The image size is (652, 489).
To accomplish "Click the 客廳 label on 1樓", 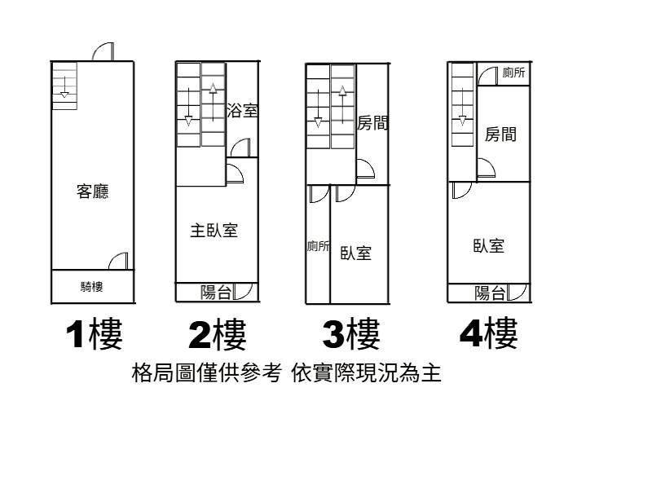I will (92, 192).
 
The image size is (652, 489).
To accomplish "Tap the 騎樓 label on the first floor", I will (91, 287).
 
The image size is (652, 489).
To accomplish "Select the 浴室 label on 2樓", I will (242, 110).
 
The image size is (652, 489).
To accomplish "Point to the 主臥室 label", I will (214, 231).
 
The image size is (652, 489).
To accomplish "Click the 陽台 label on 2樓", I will (216, 292).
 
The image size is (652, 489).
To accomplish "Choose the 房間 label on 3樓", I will (372, 123).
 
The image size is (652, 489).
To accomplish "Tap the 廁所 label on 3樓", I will (318, 246).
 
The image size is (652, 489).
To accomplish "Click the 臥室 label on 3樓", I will (356, 253).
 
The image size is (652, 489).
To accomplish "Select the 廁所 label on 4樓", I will (513, 73).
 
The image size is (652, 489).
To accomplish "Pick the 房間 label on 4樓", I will (500, 134).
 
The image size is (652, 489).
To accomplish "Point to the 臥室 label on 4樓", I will (488, 245).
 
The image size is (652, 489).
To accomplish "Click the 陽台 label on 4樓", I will (490, 293).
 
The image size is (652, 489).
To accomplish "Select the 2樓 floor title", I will (217, 334).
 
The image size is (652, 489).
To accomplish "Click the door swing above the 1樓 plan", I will (103, 52).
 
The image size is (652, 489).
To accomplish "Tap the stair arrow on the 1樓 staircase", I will (64, 86).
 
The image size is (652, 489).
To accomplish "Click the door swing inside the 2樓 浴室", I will (240, 148).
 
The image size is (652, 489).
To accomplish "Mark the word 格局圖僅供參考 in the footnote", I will (206, 374).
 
